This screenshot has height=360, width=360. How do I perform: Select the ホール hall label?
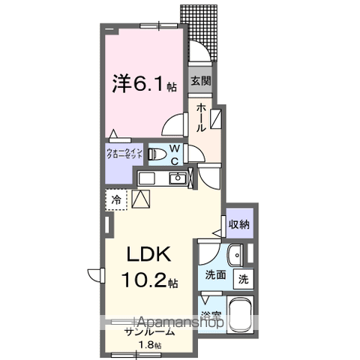click(201, 117)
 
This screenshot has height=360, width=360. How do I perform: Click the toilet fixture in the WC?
click(157, 154)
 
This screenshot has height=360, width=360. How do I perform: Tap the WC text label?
click(173, 154)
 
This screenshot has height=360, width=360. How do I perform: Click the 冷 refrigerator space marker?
click(117, 199)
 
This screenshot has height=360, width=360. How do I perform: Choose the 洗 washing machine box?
click(244, 279)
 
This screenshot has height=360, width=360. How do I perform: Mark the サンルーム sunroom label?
click(150, 331)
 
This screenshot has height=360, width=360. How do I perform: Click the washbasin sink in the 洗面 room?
click(235, 254)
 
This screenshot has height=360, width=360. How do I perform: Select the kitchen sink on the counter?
click(178, 178)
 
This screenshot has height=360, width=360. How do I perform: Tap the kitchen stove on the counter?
click(145, 178)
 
